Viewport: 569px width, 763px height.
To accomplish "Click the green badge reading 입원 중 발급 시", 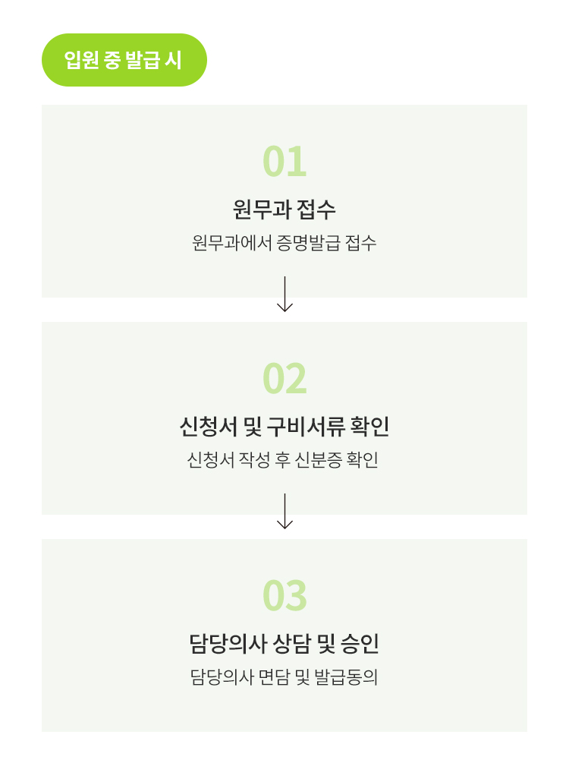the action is tap(124, 60).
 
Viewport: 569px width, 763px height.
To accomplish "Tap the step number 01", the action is tap(284, 162).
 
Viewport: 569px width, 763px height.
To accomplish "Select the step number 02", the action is tap(284, 379).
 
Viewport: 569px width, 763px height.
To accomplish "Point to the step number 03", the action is tap(284, 596).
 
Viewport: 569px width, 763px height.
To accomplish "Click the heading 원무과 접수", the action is tap(284, 210).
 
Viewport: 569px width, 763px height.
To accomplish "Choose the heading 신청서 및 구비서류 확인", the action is tap(284, 426).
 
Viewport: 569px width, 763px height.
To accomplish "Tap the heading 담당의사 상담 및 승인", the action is tap(284, 643).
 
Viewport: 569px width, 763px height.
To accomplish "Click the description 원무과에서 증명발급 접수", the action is tap(284, 243).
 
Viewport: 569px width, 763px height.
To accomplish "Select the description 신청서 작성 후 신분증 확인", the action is tap(283, 460).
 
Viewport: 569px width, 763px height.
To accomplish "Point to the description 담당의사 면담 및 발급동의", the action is tap(284, 677).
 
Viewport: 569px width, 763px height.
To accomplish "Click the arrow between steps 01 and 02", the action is tap(284, 294).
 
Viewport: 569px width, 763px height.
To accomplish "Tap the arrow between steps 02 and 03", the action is tap(284, 511).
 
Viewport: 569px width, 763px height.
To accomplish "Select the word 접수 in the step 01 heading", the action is tap(316, 210).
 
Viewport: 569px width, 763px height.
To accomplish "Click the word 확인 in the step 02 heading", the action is tap(369, 426).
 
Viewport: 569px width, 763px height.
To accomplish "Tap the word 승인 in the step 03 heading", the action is tap(360, 643).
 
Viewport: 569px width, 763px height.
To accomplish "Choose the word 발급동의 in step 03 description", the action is tap(346, 677).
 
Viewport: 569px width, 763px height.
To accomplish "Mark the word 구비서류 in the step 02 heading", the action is tap(307, 426).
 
